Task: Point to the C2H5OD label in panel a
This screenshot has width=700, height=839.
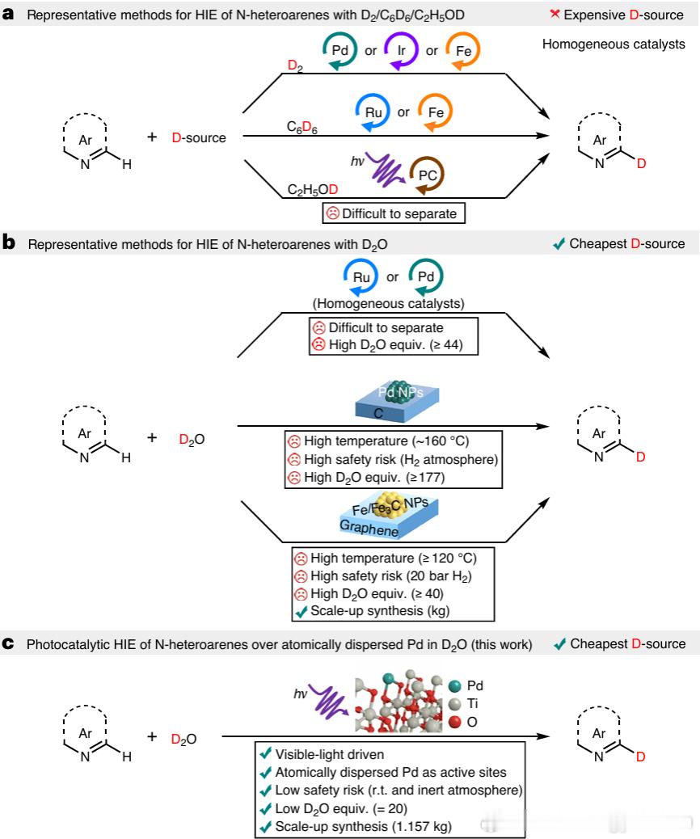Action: tap(313, 190)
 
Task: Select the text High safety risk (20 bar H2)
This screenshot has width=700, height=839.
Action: tap(389, 575)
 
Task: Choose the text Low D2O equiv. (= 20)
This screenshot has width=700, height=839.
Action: tap(341, 807)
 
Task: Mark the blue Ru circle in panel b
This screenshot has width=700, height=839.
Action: tap(362, 277)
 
